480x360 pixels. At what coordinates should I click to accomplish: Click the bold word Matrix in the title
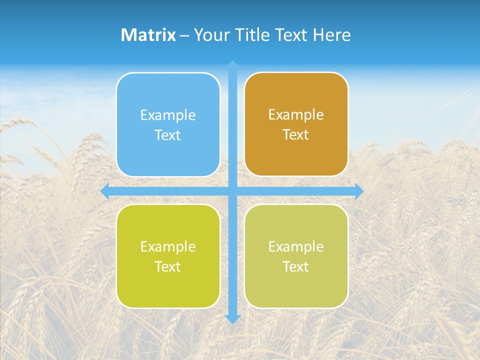tap(148, 35)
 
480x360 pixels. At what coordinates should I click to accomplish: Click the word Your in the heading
tap(211, 35)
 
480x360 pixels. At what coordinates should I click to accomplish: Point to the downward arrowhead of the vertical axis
tap(232, 318)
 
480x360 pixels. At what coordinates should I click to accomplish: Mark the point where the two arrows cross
tap(232, 191)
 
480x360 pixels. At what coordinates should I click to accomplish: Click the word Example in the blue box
tap(168, 115)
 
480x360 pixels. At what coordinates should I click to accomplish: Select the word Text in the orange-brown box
tap(295, 135)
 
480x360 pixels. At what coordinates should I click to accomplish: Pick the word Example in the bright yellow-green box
tap(168, 246)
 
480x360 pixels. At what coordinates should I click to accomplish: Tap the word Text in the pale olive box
tap(295, 266)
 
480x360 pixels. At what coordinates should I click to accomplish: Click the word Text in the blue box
tap(167, 135)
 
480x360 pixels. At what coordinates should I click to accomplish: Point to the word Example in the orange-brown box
tap(296, 115)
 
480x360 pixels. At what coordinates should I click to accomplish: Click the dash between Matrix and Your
tap(184, 35)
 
